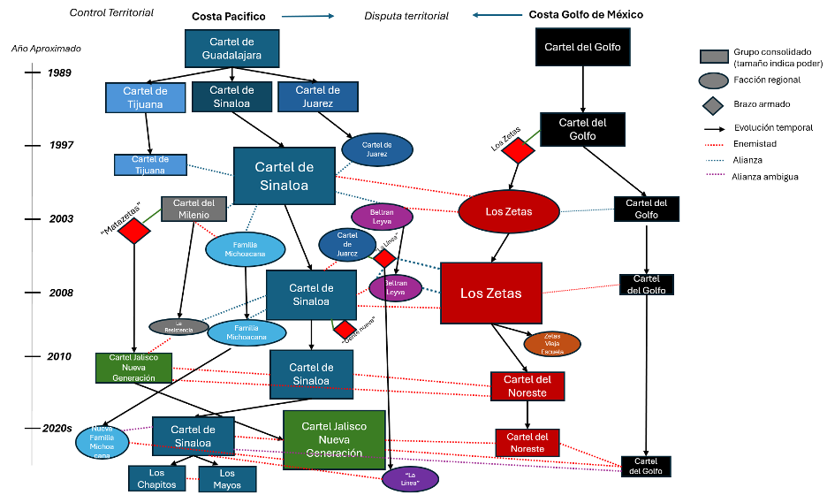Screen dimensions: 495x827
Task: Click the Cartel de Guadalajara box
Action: (x=232, y=48)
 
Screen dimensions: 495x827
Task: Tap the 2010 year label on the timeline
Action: (x=59, y=356)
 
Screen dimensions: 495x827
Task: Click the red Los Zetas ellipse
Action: (x=509, y=212)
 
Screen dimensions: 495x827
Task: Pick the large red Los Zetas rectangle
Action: (x=490, y=293)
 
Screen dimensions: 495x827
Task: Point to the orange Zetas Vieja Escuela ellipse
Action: (x=551, y=344)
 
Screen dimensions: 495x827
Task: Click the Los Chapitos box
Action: (x=156, y=479)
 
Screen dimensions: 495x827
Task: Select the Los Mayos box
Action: (x=226, y=479)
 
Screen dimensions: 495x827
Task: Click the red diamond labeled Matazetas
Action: (x=134, y=232)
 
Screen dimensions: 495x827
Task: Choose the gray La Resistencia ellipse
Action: (x=179, y=326)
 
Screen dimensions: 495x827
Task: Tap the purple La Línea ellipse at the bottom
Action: (x=410, y=479)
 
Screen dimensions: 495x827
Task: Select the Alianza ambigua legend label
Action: (x=765, y=177)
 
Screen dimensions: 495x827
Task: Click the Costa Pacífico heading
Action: (x=229, y=16)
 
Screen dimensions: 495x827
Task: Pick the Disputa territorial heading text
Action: (x=406, y=16)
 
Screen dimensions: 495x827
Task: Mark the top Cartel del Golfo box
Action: (x=582, y=47)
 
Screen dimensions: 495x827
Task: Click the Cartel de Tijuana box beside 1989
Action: (x=142, y=97)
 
